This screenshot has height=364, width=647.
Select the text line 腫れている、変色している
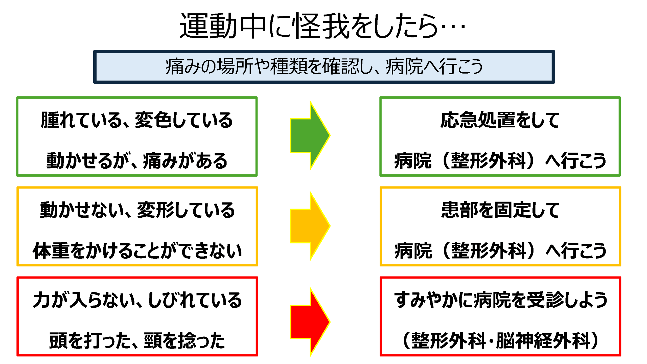pyautogui.click(x=137, y=120)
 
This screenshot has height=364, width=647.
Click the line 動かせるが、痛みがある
pyautogui.click(x=137, y=161)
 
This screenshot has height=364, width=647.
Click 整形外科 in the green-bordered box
pyautogui.click(x=488, y=161)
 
